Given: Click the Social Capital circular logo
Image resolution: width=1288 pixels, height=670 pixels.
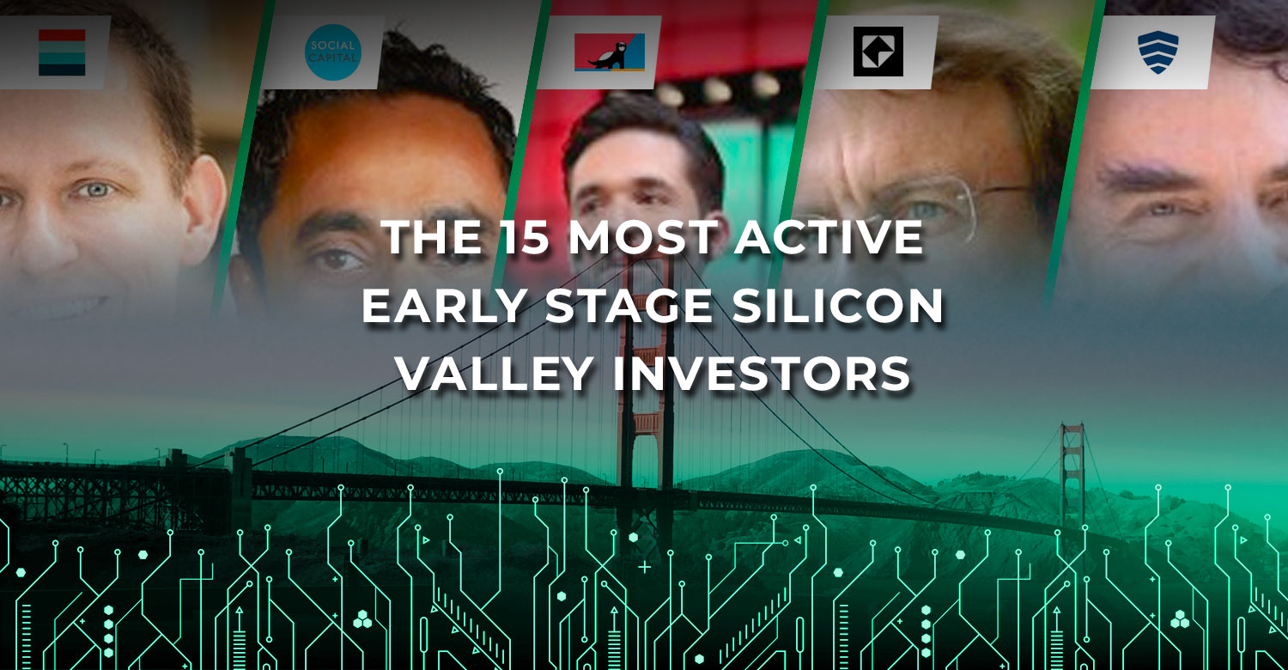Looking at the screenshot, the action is point(333,52).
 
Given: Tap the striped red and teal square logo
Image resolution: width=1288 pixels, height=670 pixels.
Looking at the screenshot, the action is point(62,52).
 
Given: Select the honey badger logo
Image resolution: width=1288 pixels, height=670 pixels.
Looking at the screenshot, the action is point(610,52).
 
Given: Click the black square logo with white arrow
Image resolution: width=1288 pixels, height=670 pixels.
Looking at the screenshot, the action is point(878,52).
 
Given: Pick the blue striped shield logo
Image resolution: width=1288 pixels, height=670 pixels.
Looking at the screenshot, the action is point(1158,52).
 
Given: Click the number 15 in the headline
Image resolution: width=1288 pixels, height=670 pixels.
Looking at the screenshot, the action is point(525,237).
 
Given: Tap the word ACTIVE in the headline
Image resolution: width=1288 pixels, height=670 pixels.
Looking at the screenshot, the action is point(829,237).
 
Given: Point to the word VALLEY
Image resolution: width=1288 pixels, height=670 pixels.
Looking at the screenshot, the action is point(495,374).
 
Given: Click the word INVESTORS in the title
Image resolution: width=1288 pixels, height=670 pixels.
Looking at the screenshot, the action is point(762,374).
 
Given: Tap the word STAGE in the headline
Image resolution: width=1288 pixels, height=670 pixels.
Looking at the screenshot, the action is point(629,306).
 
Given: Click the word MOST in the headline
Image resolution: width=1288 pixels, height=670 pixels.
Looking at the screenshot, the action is point(643,237).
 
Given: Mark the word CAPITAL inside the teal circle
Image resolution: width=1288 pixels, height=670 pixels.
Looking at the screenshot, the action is point(333,58).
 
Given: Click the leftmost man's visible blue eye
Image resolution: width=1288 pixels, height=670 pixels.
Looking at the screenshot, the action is point(94,190).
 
